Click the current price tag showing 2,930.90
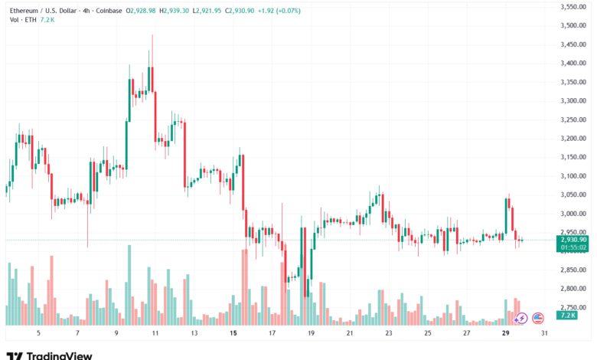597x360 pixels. click(573, 240)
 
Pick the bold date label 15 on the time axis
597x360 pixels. click(233, 334)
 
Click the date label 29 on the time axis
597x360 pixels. click(505, 334)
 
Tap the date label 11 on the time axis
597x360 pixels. click(155, 334)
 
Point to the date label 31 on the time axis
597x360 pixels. click(544, 334)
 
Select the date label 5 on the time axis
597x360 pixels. click(38, 334)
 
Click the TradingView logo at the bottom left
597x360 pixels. click(49, 355)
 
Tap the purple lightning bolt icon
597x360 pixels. click(521, 317)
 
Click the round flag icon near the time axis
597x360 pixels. click(538, 317)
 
